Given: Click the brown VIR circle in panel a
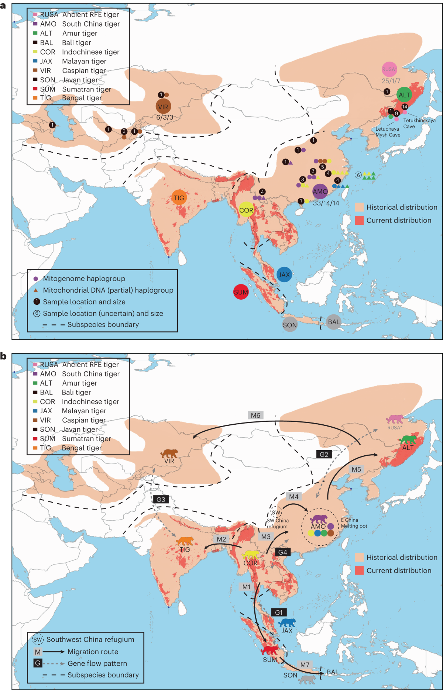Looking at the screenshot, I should (x=163, y=107).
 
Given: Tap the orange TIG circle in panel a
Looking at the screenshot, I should (x=179, y=198).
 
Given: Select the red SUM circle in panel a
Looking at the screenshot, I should (x=241, y=292).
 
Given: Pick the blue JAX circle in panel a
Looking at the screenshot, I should (x=284, y=275).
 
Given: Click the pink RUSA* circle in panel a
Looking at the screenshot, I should (x=389, y=69).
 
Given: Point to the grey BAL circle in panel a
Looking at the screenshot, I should (x=334, y=322).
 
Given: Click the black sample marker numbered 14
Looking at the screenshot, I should (x=405, y=107).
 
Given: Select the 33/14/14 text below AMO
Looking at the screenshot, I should (x=326, y=203).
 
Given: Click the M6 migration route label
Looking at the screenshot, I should (x=255, y=415).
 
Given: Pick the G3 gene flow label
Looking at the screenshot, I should (x=161, y=499).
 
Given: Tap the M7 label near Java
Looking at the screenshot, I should (x=305, y=665).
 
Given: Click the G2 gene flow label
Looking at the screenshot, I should (x=324, y=454).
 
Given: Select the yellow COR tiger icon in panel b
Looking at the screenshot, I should (x=251, y=555).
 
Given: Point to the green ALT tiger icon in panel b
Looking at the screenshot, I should (x=408, y=440).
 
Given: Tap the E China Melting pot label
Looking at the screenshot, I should (x=354, y=523).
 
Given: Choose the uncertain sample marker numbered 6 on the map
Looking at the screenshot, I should (x=358, y=175).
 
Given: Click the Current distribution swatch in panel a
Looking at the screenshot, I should (x=359, y=220).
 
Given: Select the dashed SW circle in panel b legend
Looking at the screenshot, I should (x=38, y=639).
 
